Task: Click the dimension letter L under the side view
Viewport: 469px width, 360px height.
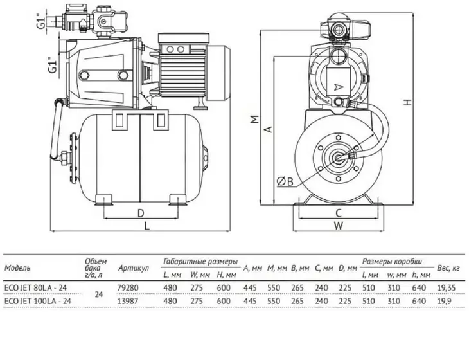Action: [147, 226]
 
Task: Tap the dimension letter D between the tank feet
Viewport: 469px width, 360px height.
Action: [141, 213]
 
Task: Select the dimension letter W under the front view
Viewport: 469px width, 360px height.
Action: [339, 226]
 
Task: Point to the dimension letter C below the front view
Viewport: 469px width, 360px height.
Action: [339, 213]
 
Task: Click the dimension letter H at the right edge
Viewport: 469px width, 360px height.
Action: [407, 102]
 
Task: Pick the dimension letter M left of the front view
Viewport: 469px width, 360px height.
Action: [254, 119]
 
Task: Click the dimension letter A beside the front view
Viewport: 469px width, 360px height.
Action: [269, 129]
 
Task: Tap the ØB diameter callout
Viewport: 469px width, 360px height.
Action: [285, 181]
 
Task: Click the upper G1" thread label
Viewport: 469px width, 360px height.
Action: [42, 21]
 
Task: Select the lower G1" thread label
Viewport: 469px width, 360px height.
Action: [52, 65]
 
